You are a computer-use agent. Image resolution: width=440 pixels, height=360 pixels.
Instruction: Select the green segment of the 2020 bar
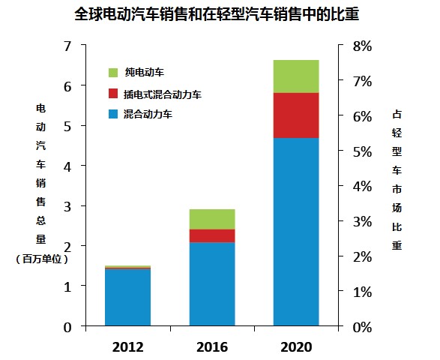click(295, 76)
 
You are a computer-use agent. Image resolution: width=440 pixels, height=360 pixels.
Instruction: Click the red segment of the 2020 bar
click(295, 115)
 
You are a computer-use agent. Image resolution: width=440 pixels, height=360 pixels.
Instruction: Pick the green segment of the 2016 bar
click(211, 219)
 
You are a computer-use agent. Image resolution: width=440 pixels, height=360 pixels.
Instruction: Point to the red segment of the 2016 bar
click(211, 235)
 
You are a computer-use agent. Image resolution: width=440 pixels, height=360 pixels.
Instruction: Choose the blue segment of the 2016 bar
click(211, 283)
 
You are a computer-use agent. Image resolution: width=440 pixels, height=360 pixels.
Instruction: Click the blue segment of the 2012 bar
click(127, 297)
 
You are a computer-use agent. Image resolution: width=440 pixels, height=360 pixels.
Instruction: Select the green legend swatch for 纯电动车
click(114, 73)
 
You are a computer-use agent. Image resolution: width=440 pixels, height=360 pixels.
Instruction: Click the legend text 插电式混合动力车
click(163, 95)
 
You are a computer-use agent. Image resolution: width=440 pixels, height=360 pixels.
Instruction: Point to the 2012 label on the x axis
click(127, 347)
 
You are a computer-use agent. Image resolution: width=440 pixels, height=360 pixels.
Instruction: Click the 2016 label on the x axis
click(211, 347)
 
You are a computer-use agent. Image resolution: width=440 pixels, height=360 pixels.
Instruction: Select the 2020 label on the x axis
click(295, 347)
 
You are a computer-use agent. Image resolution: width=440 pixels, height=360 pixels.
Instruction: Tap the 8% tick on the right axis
click(362, 46)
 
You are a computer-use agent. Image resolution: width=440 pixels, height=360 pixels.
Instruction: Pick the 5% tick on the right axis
click(362, 151)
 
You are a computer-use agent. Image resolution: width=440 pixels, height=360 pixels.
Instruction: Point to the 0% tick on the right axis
click(362, 327)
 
